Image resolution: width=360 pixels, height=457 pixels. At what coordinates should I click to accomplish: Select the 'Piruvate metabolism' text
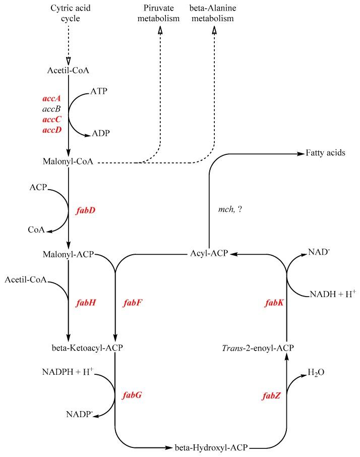point(160,14)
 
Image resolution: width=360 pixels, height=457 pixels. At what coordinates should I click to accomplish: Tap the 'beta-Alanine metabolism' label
point(214,14)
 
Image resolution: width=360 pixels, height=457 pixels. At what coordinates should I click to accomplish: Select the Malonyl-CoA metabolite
point(69,162)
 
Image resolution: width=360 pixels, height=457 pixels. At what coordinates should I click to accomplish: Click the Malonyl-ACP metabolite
point(69,255)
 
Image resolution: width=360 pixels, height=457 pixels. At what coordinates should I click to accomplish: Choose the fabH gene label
point(85,303)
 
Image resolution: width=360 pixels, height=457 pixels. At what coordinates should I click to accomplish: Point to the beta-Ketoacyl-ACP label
point(87,348)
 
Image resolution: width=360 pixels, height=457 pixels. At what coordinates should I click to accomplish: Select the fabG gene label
point(132,395)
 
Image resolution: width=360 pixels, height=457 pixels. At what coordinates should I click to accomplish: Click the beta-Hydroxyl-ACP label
point(212,447)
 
